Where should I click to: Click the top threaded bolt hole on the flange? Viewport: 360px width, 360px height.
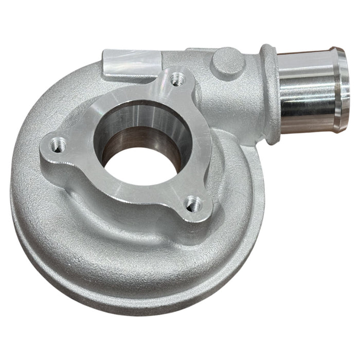click(177, 79)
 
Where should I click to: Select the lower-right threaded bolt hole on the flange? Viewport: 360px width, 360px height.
click(193, 204)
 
